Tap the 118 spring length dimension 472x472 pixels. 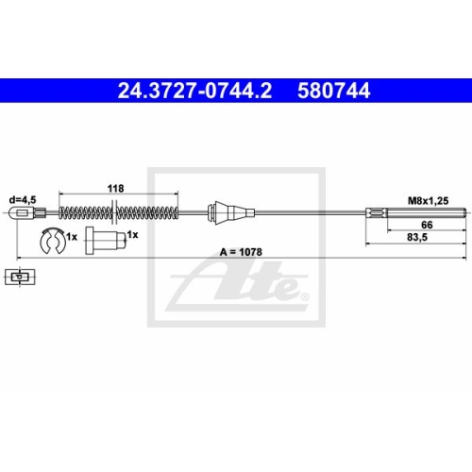[x=114, y=189]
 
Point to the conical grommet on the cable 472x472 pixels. [x=224, y=212]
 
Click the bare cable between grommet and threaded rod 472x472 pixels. [x=302, y=212]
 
